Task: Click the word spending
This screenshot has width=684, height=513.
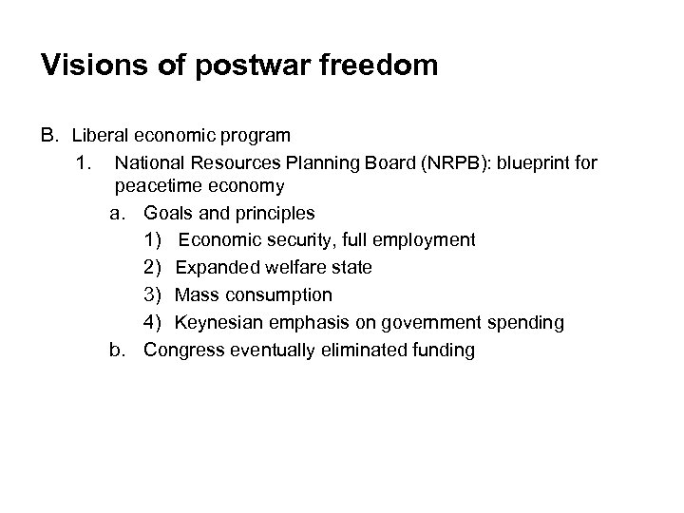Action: (525, 323)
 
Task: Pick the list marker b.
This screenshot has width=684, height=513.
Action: (118, 351)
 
